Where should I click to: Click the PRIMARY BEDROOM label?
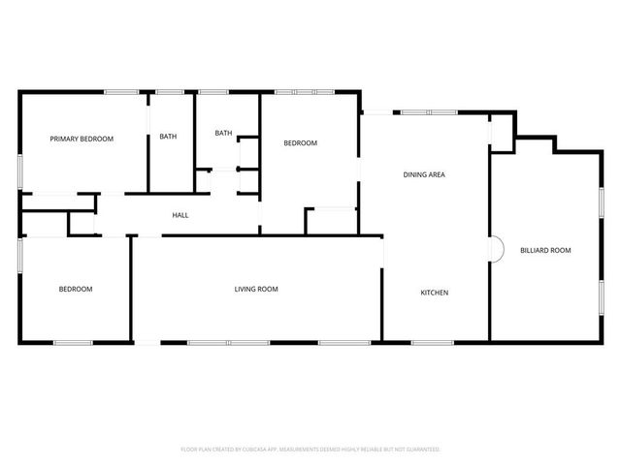point(82,139)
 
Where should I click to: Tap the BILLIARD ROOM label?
point(545,250)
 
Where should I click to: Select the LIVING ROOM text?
point(256,289)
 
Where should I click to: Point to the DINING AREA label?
point(424,174)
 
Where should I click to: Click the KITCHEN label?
point(434,293)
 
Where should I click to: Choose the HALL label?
point(180,215)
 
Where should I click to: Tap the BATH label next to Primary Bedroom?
point(168,137)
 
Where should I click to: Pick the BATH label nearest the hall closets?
point(223,133)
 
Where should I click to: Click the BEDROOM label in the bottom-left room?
point(75,289)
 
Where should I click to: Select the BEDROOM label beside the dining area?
point(300,143)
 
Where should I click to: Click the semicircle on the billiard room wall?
point(496,250)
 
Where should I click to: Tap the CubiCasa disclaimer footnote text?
point(310,449)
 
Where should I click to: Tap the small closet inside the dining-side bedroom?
point(331,222)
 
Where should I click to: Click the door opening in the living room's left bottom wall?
point(146,342)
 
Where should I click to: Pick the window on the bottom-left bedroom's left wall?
point(19,261)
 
